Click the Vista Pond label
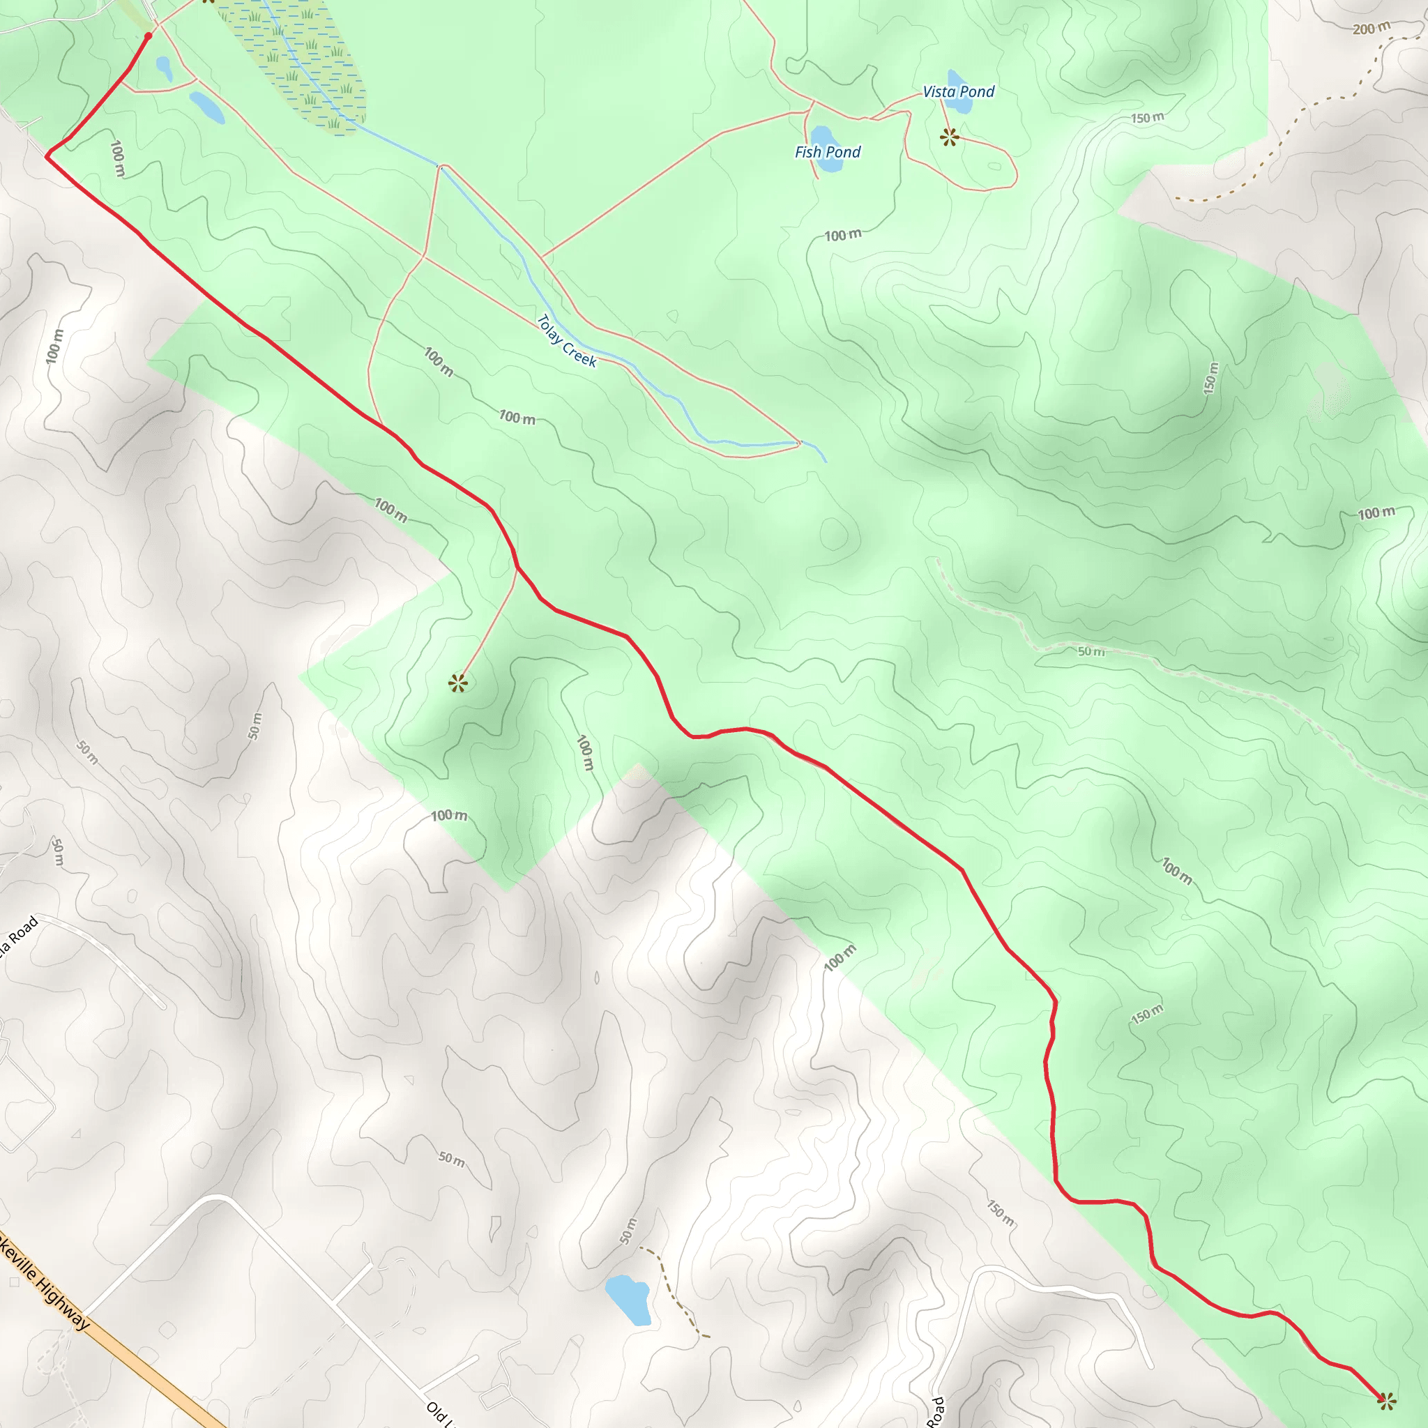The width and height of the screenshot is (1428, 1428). [x=959, y=91]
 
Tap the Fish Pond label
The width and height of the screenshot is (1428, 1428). [x=828, y=152]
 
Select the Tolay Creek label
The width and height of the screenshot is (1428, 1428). [x=566, y=341]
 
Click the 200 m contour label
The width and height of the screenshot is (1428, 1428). [x=1371, y=29]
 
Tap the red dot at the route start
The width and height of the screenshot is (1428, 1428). [x=149, y=36]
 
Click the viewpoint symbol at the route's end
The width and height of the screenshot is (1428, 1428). [x=1387, y=1399]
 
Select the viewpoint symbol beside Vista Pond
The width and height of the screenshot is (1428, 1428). [x=950, y=137]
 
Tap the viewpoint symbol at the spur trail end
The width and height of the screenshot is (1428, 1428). [x=458, y=683]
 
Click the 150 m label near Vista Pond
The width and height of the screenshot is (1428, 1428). [x=1147, y=119]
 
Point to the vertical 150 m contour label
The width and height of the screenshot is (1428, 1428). [x=1210, y=378]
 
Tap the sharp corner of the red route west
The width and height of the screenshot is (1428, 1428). [x=48, y=156]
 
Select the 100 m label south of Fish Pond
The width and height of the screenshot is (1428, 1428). [x=842, y=236]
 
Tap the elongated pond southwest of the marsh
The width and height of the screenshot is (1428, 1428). [x=207, y=108]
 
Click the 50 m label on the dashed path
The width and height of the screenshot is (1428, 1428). [x=1091, y=651]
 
